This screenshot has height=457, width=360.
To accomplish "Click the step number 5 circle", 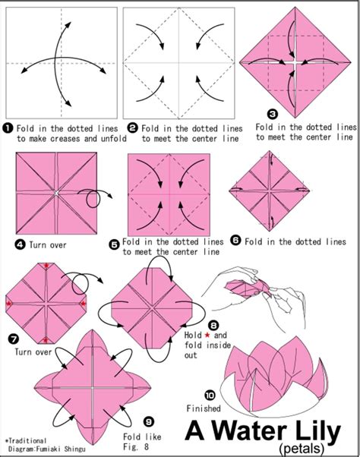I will point(114,244).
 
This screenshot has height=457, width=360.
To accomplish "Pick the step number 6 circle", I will point(235,240).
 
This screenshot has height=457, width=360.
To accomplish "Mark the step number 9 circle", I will point(147,419).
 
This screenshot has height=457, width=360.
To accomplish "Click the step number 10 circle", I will point(210,395).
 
